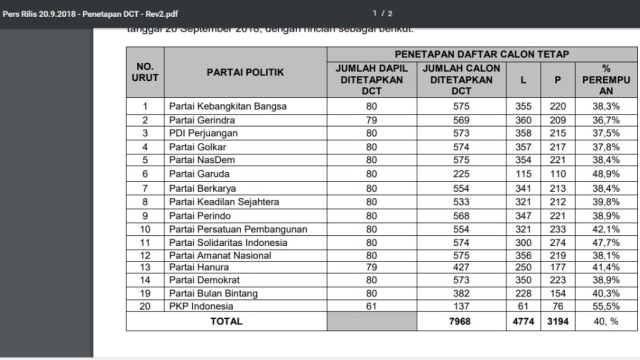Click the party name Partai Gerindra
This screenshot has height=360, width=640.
198,119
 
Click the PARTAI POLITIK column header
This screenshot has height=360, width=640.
245,73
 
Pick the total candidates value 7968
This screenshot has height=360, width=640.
461,322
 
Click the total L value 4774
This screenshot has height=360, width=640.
521,322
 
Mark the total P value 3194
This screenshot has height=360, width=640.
558,322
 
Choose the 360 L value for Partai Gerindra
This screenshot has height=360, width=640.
521,119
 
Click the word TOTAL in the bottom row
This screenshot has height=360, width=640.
225,322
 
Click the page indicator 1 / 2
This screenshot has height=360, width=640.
381,13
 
